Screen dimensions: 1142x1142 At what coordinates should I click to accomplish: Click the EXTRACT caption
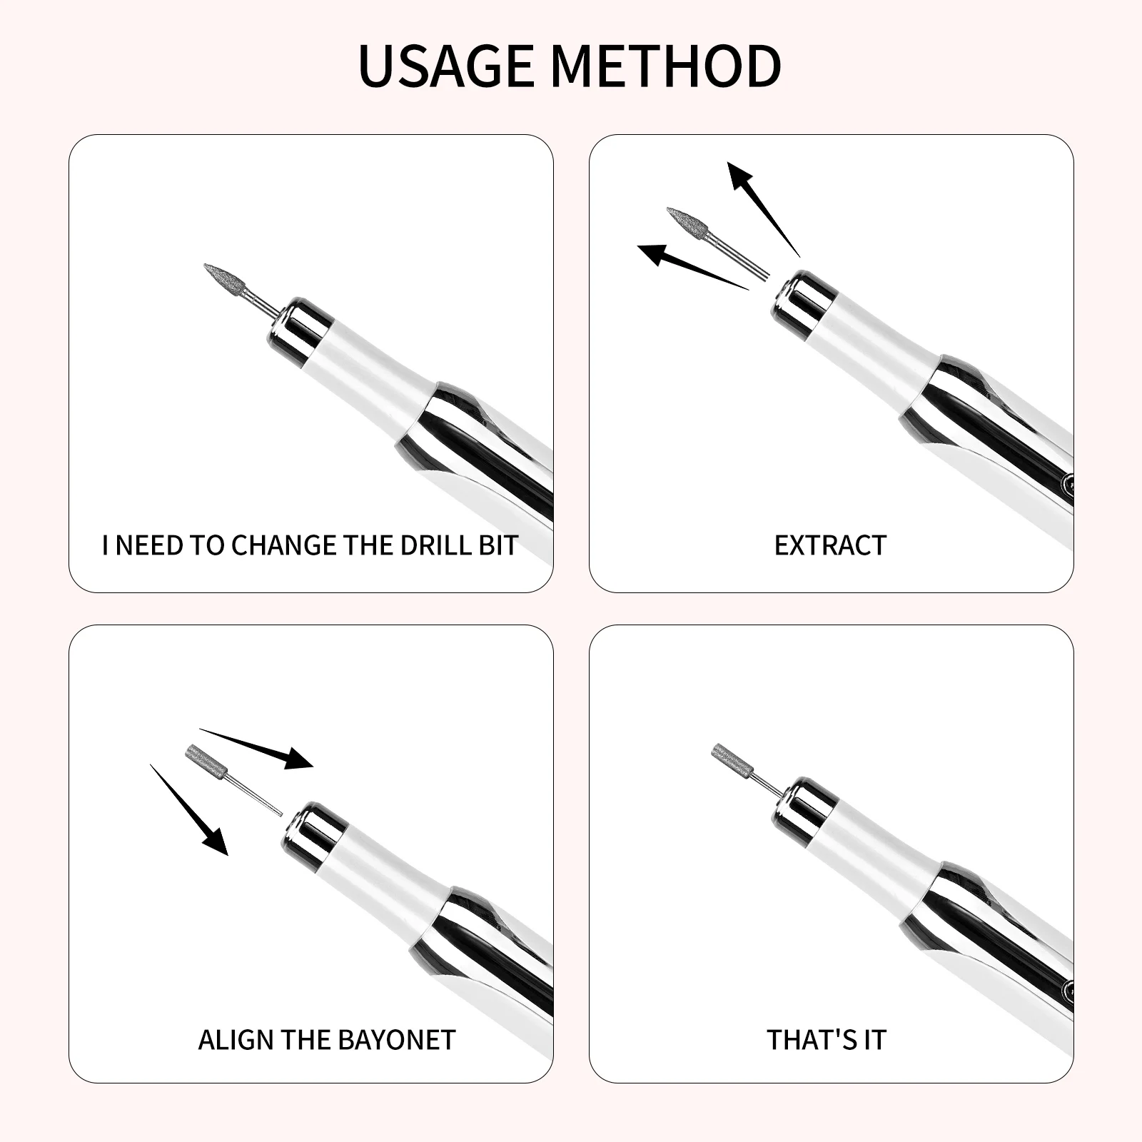click(x=830, y=545)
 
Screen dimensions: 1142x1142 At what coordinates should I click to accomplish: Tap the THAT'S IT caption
click(x=827, y=1040)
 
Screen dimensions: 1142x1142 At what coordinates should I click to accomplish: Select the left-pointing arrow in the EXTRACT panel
click(x=685, y=265)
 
